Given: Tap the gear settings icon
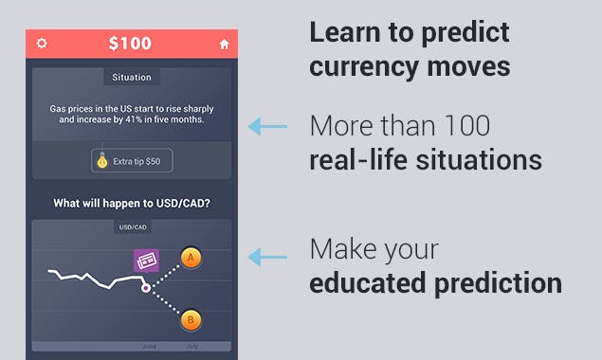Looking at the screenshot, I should point(42,44).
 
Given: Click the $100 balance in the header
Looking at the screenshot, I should point(131,44).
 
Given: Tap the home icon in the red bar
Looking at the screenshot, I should point(225,44).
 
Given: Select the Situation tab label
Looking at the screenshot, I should point(131,77).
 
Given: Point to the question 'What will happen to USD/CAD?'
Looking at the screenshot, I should point(131,204).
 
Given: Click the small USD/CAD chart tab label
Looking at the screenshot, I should point(132,227).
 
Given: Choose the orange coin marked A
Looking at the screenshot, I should point(192,257).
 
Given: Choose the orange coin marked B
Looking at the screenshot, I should point(191,320).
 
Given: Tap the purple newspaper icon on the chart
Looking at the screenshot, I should point(145,261).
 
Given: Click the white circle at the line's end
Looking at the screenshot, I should point(145,287).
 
